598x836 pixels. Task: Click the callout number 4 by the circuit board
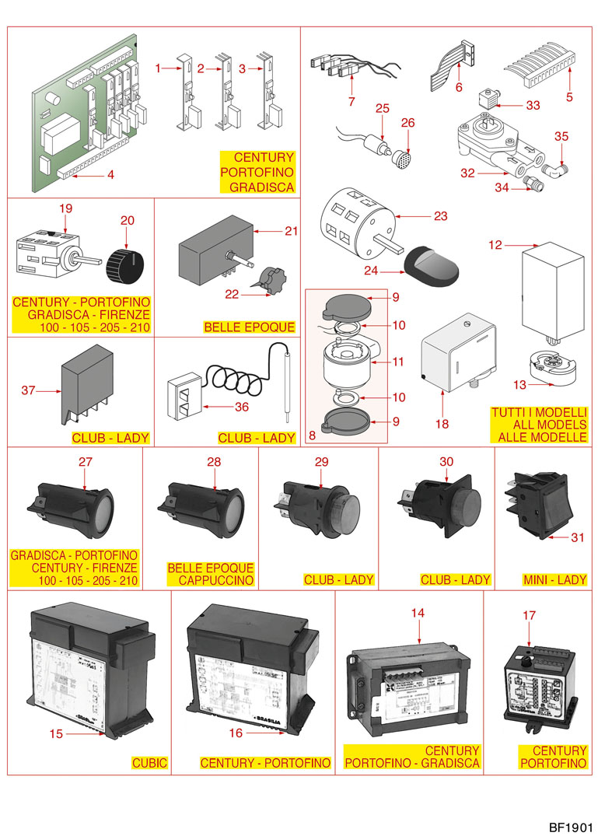pos(110,175)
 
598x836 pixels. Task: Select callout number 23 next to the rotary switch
pos(441,216)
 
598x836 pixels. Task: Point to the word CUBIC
pos(151,763)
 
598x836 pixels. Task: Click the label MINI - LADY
pos(554,579)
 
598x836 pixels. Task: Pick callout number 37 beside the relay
pos(29,390)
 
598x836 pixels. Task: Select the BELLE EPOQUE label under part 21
pos(250,327)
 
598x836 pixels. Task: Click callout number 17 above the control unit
pos(529,615)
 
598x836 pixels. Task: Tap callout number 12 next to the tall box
pos(495,246)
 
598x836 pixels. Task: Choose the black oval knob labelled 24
pos(432,265)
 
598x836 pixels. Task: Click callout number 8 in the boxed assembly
pos(312,436)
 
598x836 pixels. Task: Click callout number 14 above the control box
pos(418,613)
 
